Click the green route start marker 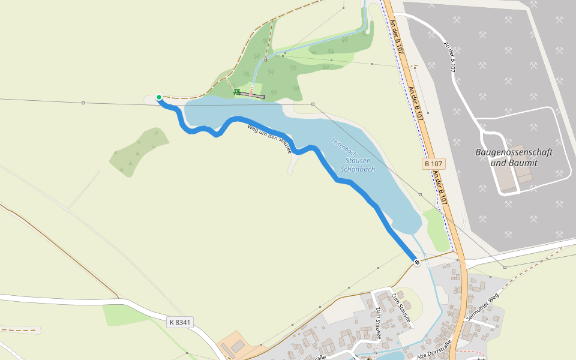click(x=159, y=97)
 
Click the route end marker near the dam click(x=416, y=262)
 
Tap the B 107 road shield click(x=433, y=163)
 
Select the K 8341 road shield click(x=180, y=322)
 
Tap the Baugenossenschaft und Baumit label click(x=514, y=157)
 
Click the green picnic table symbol click(x=237, y=92)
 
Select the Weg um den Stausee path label click(x=270, y=138)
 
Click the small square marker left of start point click(x=83, y=103)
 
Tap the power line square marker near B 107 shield click(x=421, y=195)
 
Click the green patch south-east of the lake click(x=436, y=229)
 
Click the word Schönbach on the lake click(x=358, y=170)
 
